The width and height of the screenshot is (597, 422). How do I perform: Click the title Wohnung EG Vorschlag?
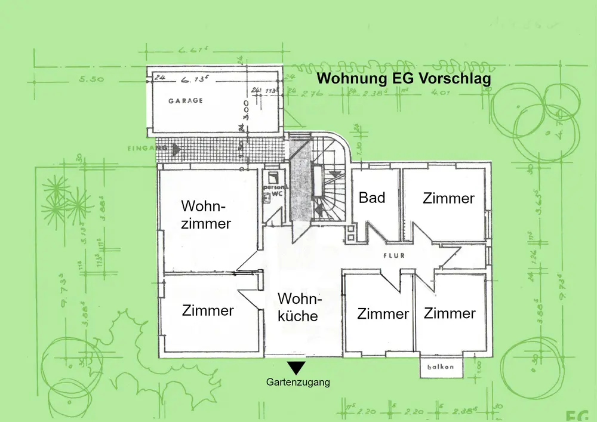[x=404, y=79]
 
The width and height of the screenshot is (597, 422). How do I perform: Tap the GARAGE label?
[x=185, y=101]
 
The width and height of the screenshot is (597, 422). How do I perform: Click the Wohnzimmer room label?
[x=206, y=215]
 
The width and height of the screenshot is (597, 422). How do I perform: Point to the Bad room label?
[x=371, y=197]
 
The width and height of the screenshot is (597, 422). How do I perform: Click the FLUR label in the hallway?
[x=395, y=255]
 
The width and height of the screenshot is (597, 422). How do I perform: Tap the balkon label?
[x=441, y=367]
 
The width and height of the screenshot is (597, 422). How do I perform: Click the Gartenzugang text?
[x=298, y=383]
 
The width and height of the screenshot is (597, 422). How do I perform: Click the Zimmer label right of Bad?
[x=448, y=198]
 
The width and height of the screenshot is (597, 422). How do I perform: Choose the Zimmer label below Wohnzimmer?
[x=208, y=310]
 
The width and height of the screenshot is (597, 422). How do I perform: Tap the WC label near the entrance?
[x=276, y=194]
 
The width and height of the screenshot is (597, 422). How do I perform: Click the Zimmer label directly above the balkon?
[x=450, y=313]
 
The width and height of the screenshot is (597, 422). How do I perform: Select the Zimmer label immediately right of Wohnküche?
[x=383, y=313]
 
